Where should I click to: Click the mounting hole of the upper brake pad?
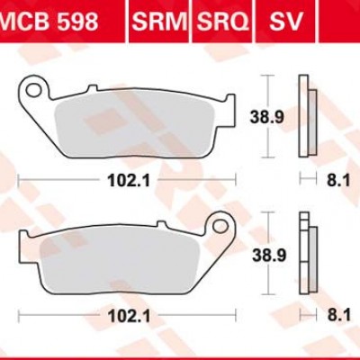tap(35, 91)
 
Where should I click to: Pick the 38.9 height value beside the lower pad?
tap(264, 256)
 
